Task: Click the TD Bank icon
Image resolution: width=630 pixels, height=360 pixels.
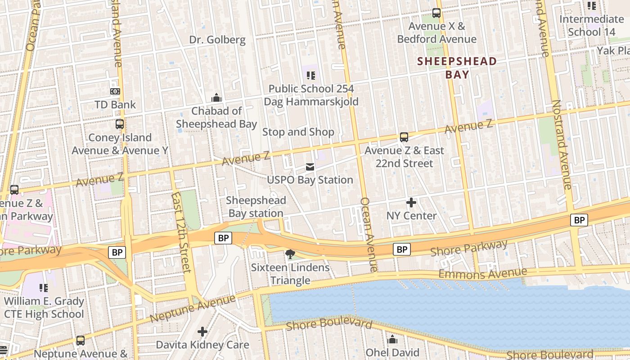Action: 115,91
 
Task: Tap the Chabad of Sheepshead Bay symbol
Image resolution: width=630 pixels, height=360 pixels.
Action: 216,98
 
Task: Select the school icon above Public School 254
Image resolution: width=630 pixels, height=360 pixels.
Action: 311,75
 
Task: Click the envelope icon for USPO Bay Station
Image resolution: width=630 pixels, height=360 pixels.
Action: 310,167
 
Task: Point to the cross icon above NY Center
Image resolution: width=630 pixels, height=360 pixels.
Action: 411,202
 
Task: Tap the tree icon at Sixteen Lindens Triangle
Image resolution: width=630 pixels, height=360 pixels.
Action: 290,254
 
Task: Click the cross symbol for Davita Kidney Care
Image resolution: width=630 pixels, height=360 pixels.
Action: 202,332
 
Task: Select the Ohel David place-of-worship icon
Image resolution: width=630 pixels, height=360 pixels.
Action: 392,339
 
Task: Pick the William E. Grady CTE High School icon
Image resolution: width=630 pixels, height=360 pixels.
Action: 44,288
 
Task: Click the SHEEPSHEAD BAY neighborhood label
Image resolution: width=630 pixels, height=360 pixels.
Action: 457,68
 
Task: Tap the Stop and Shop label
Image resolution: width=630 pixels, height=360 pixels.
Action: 298,132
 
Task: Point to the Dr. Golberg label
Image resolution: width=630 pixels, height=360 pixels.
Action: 217,40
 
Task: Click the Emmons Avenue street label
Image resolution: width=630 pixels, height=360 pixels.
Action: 482,273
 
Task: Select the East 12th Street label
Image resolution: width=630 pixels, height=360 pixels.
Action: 181,232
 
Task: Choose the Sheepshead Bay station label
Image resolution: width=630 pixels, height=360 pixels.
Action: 256,207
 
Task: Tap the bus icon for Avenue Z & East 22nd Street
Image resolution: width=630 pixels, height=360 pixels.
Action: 404,137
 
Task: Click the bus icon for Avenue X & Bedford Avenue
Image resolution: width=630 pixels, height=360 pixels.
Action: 436,13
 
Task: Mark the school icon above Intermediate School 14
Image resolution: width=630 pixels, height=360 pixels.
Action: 592,6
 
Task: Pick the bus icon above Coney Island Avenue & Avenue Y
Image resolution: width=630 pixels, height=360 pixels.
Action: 120,124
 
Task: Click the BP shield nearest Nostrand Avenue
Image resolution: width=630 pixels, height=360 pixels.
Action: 579,220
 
